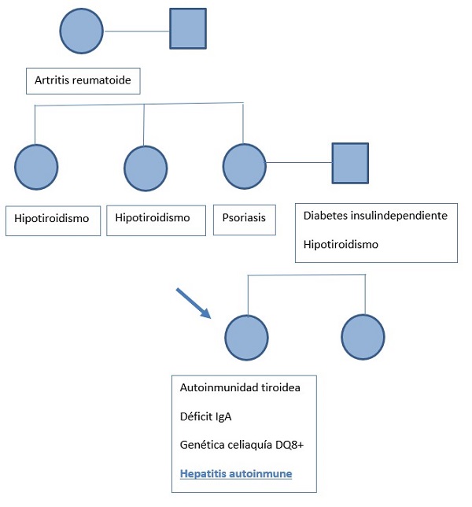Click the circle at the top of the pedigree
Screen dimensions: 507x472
pyautogui.click(x=82, y=31)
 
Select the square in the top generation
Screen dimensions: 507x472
pyautogui.click(x=188, y=28)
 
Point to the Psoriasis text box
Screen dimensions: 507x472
pyautogui.click(x=245, y=220)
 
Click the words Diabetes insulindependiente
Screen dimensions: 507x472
pyautogui.click(x=375, y=216)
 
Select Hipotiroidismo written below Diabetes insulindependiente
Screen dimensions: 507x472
pyautogui.click(x=341, y=244)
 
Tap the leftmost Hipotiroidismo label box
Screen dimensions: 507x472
pyautogui.click(x=52, y=220)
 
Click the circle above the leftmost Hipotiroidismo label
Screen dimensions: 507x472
pyautogui.click(x=36, y=166)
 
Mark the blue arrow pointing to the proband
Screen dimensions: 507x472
pyautogui.click(x=194, y=303)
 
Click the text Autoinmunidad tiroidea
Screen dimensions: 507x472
pyautogui.click(x=240, y=387)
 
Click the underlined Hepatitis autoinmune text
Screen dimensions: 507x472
pyautogui.click(x=236, y=475)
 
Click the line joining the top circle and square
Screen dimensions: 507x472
pyautogui.click(x=137, y=31)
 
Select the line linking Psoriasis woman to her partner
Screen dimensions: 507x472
pyautogui.click(x=299, y=164)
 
